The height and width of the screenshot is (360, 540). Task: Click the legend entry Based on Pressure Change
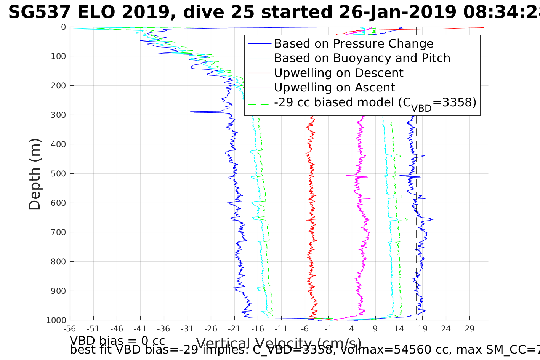pyautogui.click(x=354, y=44)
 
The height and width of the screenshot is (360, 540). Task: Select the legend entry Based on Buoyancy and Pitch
pyautogui.click(x=362, y=58)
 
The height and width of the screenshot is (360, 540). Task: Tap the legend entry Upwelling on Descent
pyautogui.click(x=338, y=73)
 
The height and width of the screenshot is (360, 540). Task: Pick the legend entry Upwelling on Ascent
pyautogui.click(x=335, y=88)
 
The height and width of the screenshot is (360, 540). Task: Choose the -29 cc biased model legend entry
pyautogui.click(x=375, y=102)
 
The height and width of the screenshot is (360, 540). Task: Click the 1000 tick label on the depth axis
pyautogui.click(x=56, y=320)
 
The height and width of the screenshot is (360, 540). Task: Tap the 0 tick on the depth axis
pyautogui.click(x=63, y=27)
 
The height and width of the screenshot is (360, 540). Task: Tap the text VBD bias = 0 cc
pyautogui.click(x=117, y=341)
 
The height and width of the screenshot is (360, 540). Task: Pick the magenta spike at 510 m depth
pyautogui.click(x=348, y=176)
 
